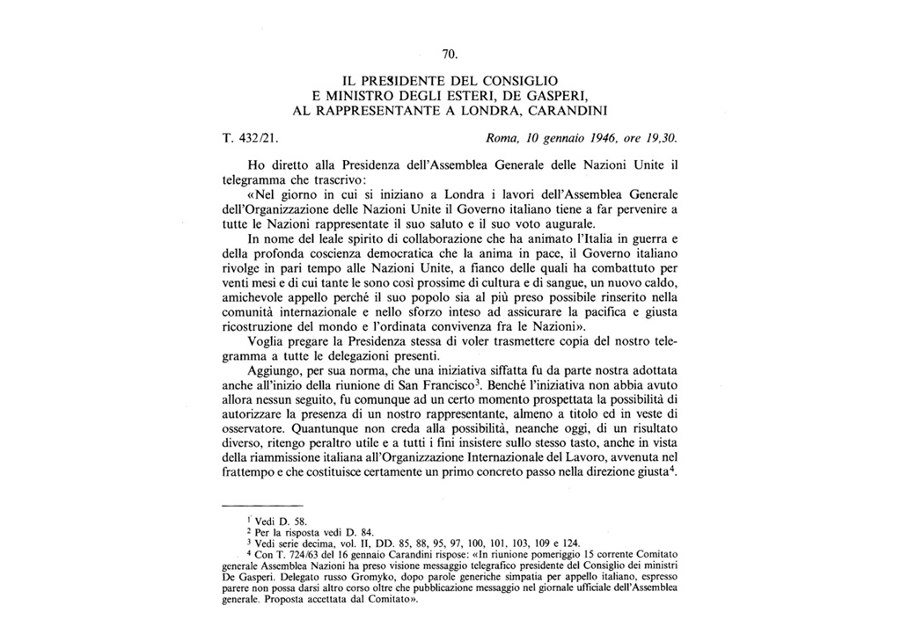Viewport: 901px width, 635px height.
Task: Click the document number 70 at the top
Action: click(450, 55)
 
